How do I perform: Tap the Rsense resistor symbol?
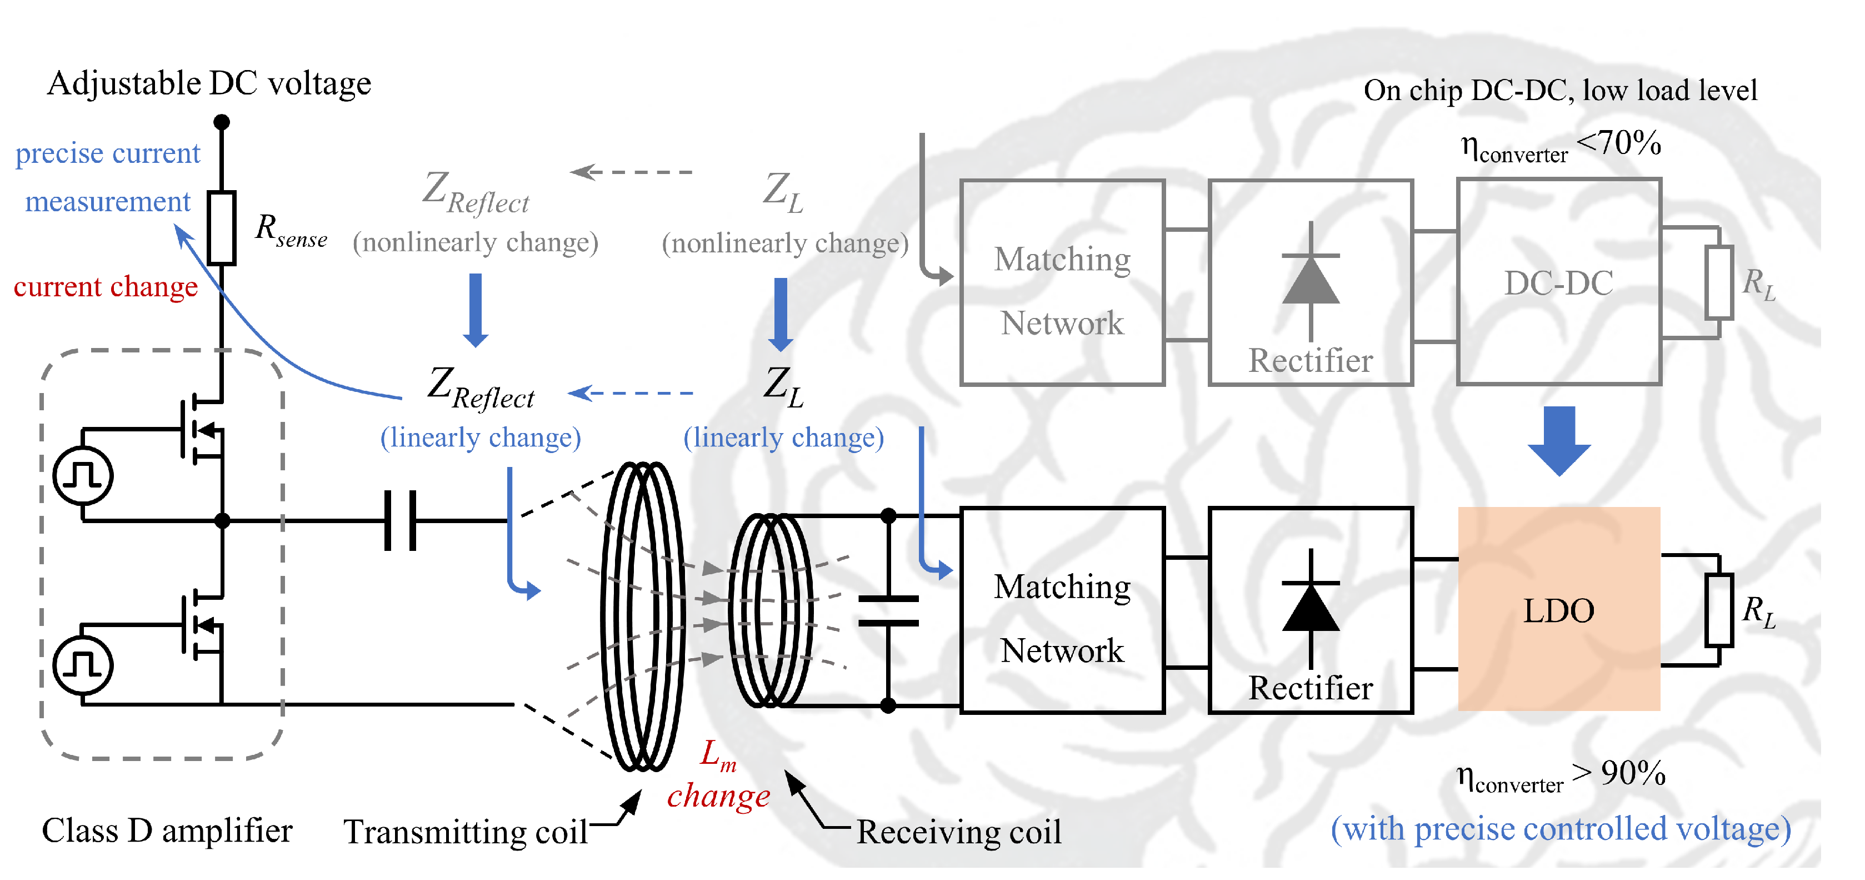tap(222, 227)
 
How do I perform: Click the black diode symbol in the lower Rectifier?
tap(1311, 607)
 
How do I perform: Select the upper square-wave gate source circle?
tap(83, 476)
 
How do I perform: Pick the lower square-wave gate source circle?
tap(83, 665)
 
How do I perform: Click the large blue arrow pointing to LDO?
tap(1559, 440)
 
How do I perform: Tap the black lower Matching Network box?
tap(1062, 610)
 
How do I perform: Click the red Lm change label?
tap(718, 775)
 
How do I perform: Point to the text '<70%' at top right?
tap(1619, 143)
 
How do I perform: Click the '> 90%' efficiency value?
tap(1619, 773)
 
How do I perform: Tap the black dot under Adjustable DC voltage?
tap(222, 122)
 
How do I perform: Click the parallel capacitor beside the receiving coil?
tap(888, 610)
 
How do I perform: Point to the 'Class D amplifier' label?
tap(167, 830)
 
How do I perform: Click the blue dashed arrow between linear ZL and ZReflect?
tap(631, 392)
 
